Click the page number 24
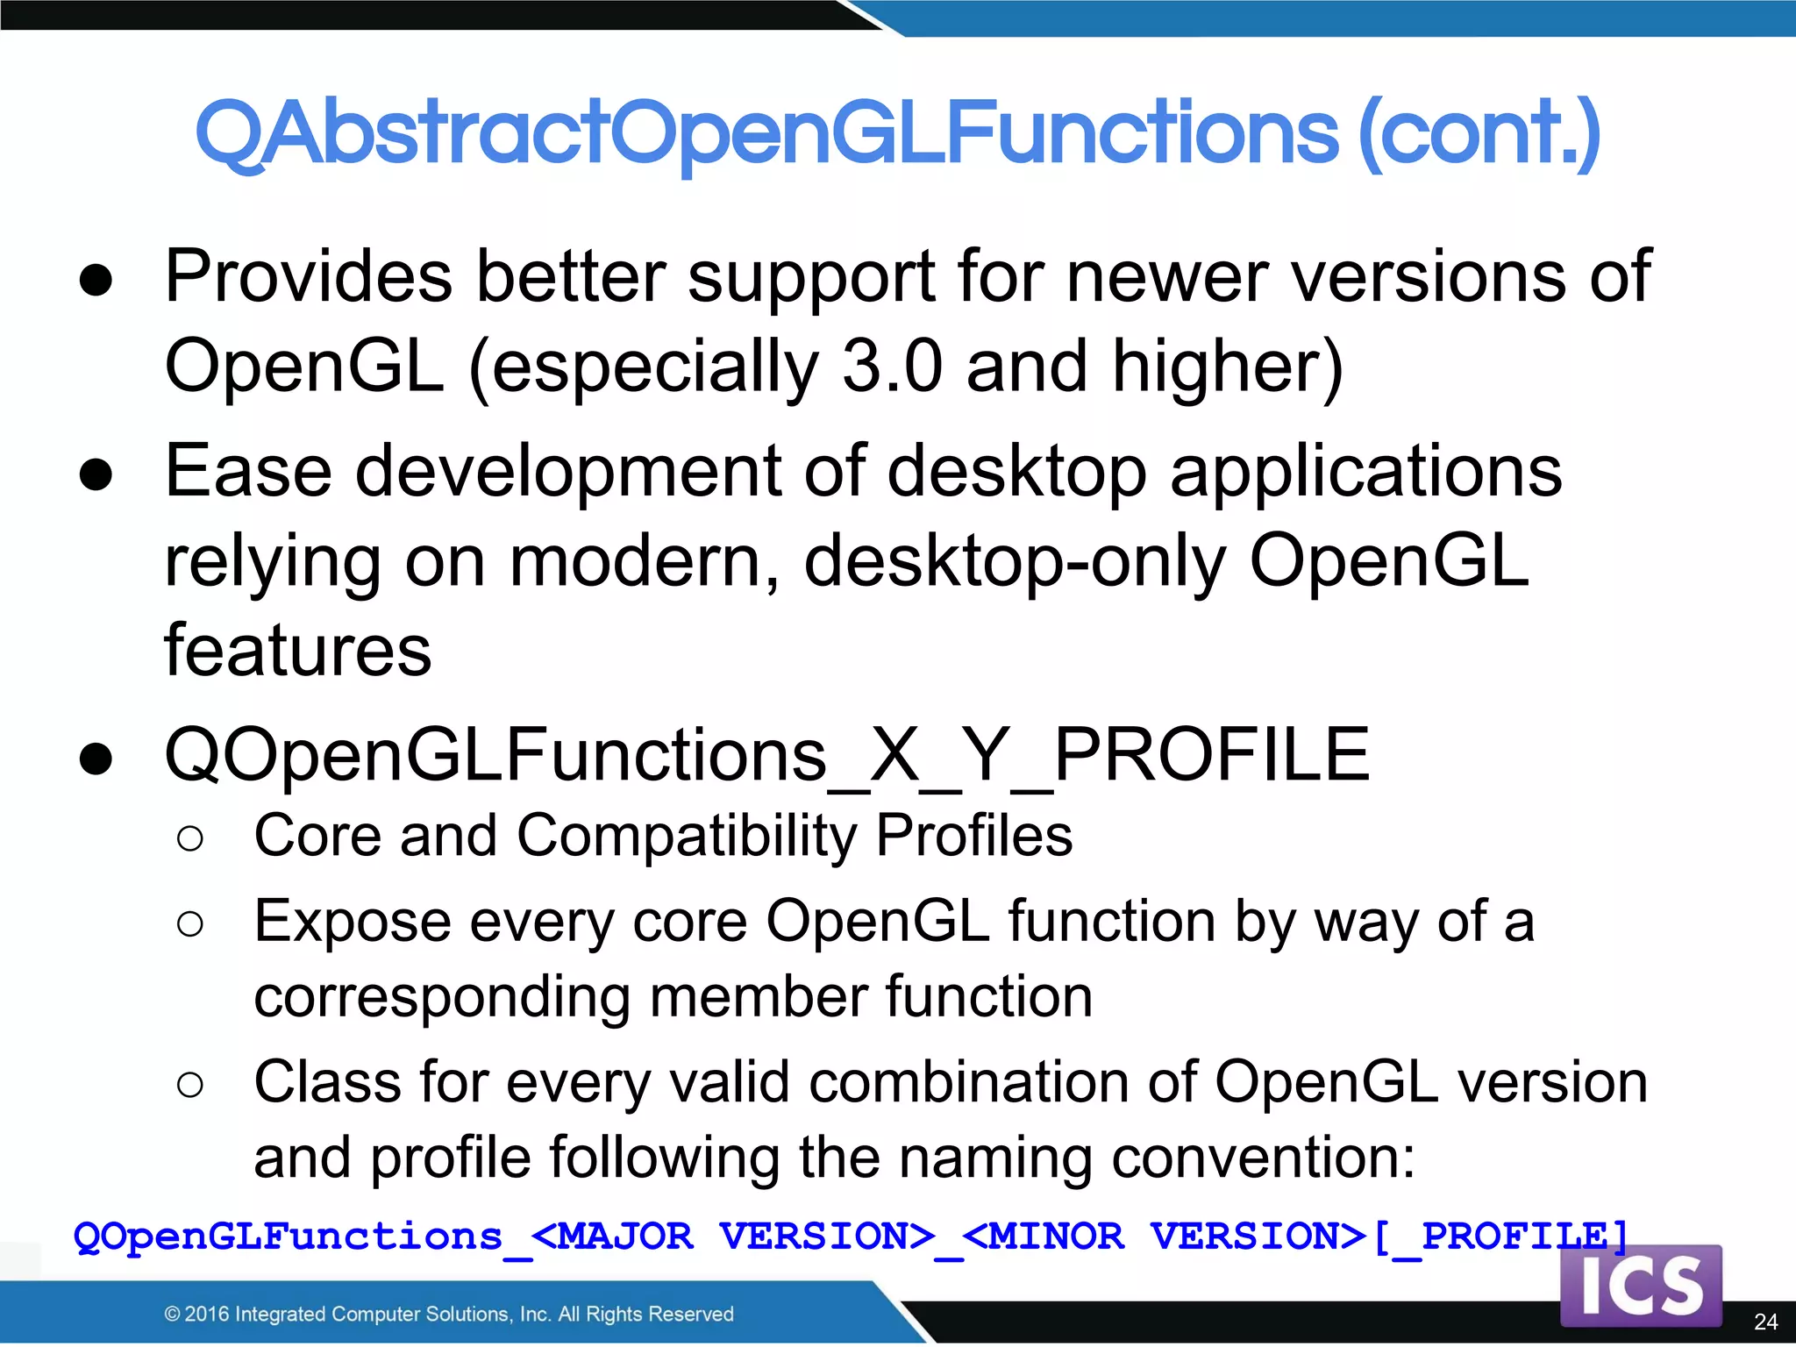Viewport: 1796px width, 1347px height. tap(1765, 1322)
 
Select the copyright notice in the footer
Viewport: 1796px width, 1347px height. tap(449, 1314)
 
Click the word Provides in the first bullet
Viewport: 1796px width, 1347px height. tap(308, 277)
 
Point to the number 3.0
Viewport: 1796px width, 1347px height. tap(892, 367)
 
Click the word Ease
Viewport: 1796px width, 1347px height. tap(248, 471)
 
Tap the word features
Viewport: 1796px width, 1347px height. tap(298, 651)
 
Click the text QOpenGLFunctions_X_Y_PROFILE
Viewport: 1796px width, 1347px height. tap(766, 755)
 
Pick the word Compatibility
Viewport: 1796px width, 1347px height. tap(687, 836)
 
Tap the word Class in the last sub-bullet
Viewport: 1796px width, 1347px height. tap(326, 1082)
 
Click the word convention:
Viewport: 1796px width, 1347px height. tap(1264, 1158)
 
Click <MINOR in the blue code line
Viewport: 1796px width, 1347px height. tap(1044, 1237)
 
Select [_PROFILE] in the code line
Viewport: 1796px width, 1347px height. tap(1500, 1237)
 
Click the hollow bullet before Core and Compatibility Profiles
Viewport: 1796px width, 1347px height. tap(190, 838)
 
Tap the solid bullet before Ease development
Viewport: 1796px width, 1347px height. tap(96, 474)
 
